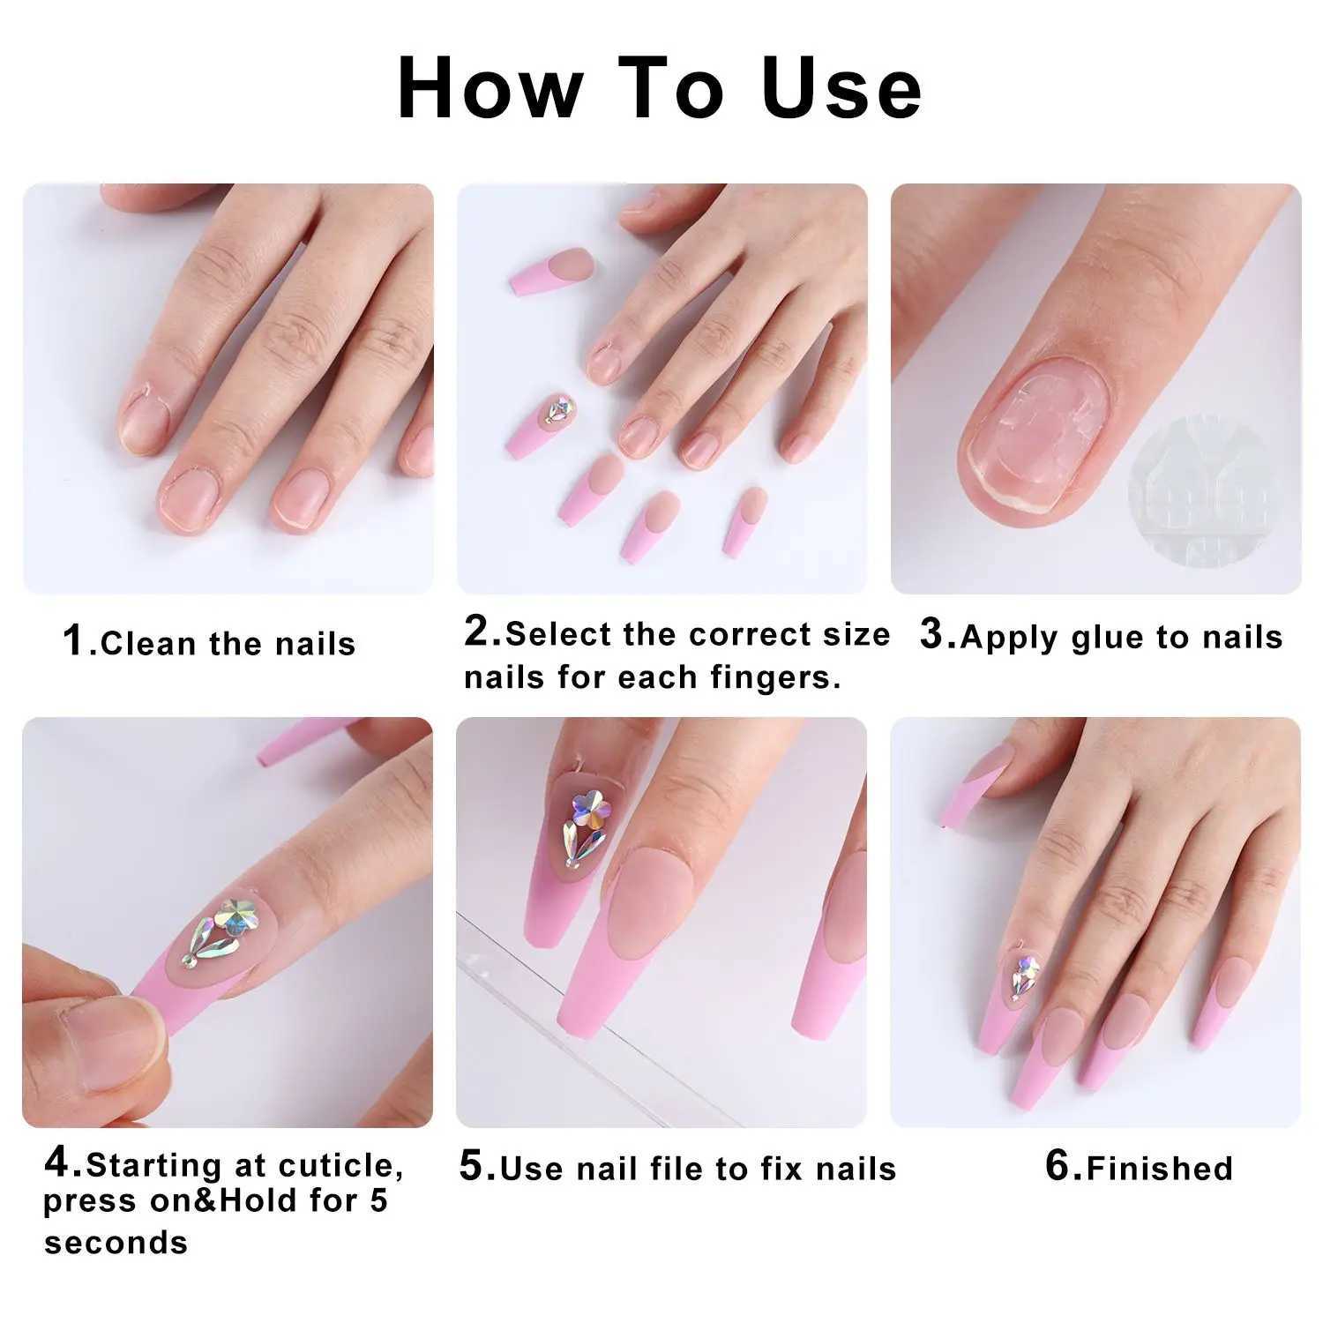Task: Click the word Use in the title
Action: (x=842, y=88)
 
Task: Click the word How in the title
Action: (x=490, y=88)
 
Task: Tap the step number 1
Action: (x=73, y=640)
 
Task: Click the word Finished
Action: (x=1159, y=1169)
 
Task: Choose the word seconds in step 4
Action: (x=116, y=1243)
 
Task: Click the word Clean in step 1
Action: (x=149, y=644)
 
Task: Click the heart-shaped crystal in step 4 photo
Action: (x=236, y=917)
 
